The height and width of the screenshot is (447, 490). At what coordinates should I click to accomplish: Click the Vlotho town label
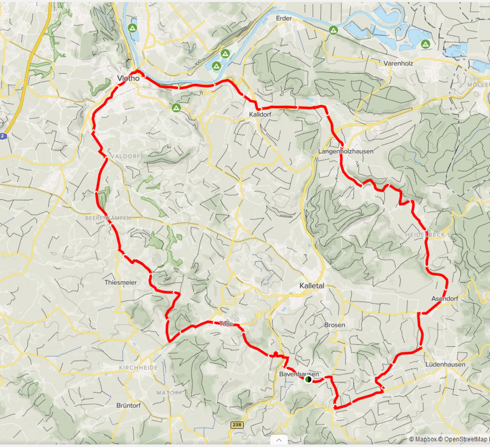click(x=127, y=78)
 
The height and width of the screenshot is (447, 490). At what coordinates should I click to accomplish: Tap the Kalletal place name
click(x=311, y=285)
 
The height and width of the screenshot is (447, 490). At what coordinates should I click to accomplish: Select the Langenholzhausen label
click(x=346, y=151)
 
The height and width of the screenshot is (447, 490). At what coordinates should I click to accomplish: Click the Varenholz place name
click(x=398, y=63)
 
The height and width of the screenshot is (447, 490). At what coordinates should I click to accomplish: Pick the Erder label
click(x=284, y=18)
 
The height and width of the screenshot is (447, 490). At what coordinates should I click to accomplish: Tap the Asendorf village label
click(x=444, y=299)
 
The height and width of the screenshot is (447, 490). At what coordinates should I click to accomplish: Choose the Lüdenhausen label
click(x=445, y=364)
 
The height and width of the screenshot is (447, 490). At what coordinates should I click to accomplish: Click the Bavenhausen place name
click(x=299, y=374)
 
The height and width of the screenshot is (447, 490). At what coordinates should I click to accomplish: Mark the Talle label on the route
click(x=226, y=324)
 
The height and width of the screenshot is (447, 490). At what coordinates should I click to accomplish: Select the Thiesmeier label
click(x=121, y=282)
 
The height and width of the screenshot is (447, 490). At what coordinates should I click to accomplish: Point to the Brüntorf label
click(x=128, y=405)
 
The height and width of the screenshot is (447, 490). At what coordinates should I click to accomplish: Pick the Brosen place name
click(x=334, y=325)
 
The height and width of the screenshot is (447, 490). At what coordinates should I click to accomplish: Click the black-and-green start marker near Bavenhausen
click(x=308, y=379)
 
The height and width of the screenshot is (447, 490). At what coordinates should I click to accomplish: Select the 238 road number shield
click(x=237, y=425)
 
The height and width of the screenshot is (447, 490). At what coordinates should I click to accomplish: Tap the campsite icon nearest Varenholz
click(x=425, y=44)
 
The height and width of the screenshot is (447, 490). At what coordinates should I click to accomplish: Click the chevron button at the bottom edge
click(x=278, y=440)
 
